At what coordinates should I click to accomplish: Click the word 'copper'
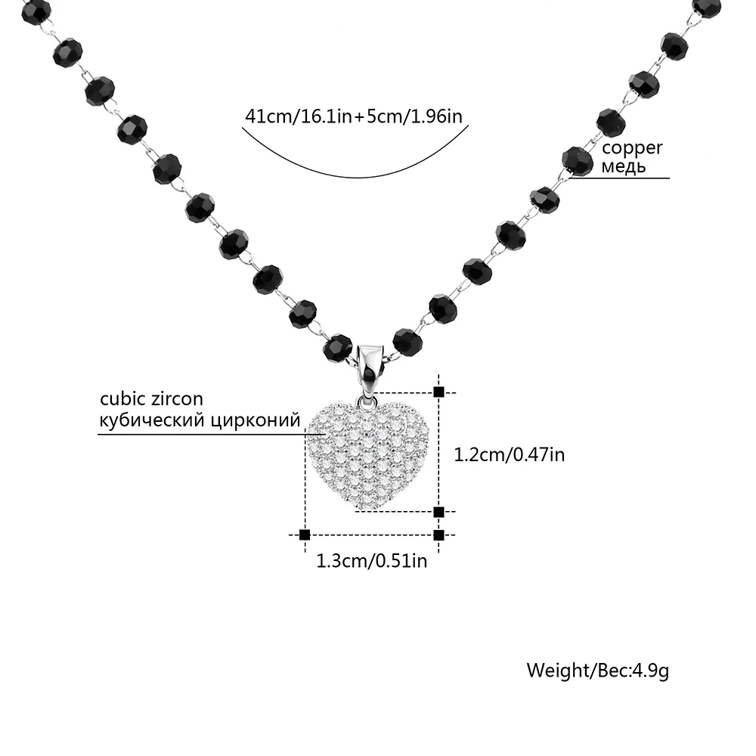(632, 148)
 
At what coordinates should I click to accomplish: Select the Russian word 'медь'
(624, 166)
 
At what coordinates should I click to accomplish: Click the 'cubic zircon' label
(151, 399)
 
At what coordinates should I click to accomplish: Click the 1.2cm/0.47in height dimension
(509, 454)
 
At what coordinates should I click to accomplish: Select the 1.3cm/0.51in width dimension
(371, 560)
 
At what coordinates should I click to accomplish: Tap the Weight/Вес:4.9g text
(597, 671)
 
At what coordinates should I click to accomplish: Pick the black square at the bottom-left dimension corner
(305, 534)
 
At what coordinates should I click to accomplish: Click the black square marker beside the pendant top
(438, 392)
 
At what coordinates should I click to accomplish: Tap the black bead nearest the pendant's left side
(338, 348)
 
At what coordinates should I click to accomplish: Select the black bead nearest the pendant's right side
(407, 342)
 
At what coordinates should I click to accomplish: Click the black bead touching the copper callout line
(577, 161)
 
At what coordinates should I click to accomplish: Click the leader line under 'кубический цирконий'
(204, 434)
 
